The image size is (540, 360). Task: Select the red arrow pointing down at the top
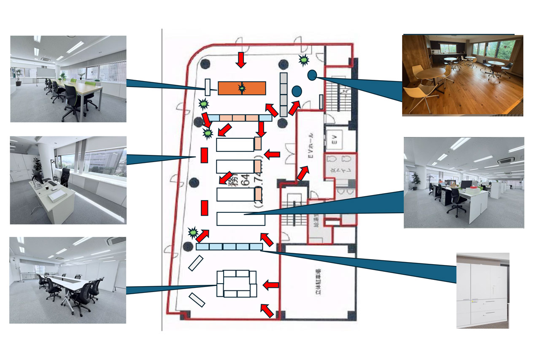(x=241, y=59)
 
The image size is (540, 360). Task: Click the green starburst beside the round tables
(x=303, y=60)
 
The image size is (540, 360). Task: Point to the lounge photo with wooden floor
(x=462, y=75)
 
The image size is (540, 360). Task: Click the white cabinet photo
(x=483, y=290)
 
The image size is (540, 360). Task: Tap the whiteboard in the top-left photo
(x=43, y=73)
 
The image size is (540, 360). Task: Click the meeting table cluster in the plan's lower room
(x=237, y=284)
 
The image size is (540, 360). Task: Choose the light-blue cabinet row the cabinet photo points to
(x=229, y=246)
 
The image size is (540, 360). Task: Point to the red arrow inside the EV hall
(x=302, y=173)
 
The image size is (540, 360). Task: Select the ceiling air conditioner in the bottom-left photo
(x=116, y=241)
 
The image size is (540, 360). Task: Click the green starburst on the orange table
(x=242, y=88)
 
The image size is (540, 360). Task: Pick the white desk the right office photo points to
(x=240, y=219)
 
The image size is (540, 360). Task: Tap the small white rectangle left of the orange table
(x=207, y=87)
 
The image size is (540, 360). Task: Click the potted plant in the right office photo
(x=416, y=181)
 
